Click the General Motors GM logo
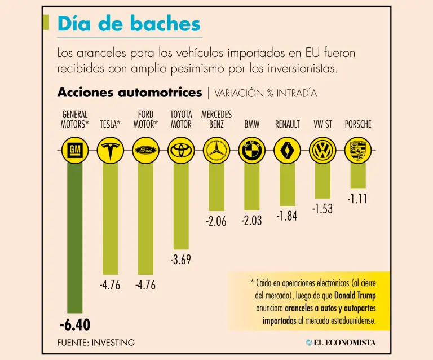coord(74,150)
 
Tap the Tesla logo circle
coord(110,150)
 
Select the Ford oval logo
coord(145,150)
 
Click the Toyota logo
coord(180,150)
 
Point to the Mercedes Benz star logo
coord(216,150)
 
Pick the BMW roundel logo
coord(251,150)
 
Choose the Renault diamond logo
coord(287,150)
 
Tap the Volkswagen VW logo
coord(322,150)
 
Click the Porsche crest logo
coord(357,150)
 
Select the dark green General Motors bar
coord(74,237)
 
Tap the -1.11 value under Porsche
coord(357,199)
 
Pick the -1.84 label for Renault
coord(287,216)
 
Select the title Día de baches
coord(129,24)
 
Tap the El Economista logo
coord(341,342)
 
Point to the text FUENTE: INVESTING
coord(96,342)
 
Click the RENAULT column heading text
coord(287,125)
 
